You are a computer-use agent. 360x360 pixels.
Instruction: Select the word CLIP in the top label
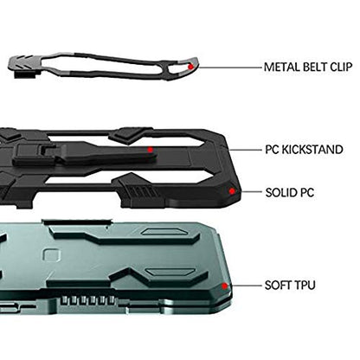(x=341, y=67)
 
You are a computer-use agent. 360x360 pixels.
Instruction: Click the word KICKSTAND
(x=312, y=150)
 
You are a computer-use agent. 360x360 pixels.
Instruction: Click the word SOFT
(x=277, y=286)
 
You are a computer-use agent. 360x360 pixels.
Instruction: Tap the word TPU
(x=304, y=286)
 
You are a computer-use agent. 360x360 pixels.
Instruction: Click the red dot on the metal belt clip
(x=190, y=67)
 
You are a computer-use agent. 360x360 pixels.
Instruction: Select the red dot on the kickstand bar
(x=150, y=150)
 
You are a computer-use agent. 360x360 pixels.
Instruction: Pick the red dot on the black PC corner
(x=232, y=191)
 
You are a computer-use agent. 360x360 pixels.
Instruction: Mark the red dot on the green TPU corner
(x=224, y=286)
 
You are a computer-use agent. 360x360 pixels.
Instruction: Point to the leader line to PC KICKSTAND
(x=245, y=150)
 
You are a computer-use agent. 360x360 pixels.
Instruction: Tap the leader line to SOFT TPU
(x=244, y=286)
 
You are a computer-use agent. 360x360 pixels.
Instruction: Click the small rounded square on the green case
(x=52, y=256)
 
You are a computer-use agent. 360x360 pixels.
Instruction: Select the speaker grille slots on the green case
(x=88, y=300)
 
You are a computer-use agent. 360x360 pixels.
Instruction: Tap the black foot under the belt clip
(x=25, y=74)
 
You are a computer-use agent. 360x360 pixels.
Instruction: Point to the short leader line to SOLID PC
(x=251, y=191)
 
